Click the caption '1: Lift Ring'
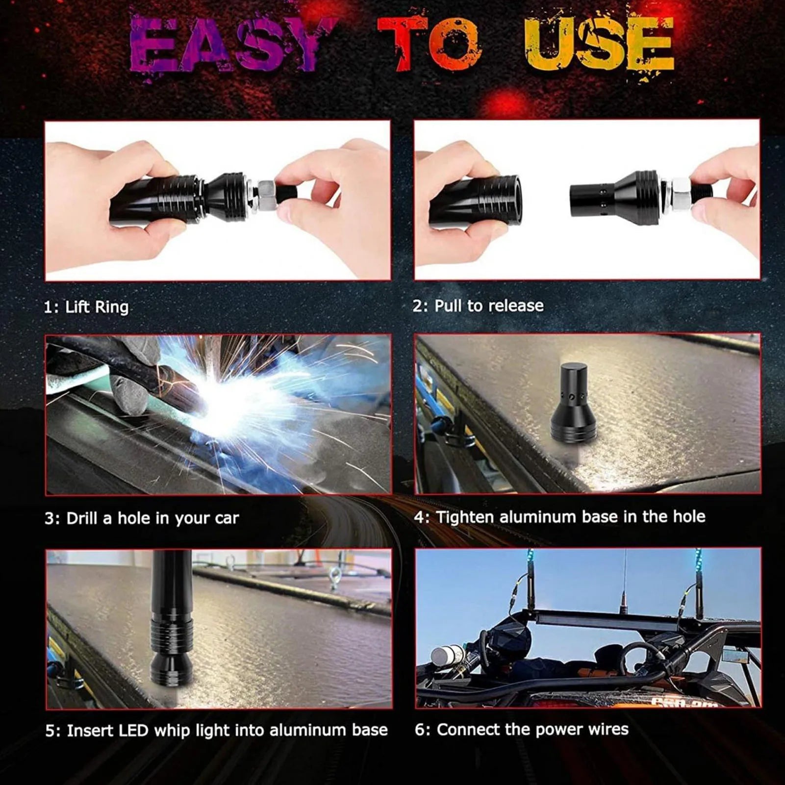coord(86,307)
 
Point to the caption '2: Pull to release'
coord(478,306)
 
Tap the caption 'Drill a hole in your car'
coord(152,518)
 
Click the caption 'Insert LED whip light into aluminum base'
coord(227,731)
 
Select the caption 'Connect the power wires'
coord(532,730)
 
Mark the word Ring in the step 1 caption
coord(112,307)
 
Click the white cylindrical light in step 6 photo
coord(447,656)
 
